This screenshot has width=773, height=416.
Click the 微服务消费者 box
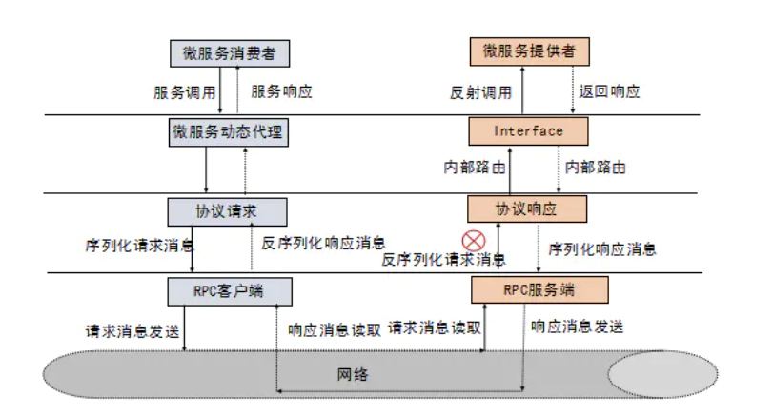pyautogui.click(x=230, y=53)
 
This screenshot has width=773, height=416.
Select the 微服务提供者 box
pyautogui.click(x=529, y=51)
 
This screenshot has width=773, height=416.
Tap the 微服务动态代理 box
pyautogui.click(x=229, y=132)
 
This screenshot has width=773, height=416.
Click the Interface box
pyautogui.click(x=528, y=131)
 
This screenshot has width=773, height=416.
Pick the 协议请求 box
pyautogui.click(x=227, y=212)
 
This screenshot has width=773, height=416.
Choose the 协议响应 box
pyautogui.click(x=527, y=209)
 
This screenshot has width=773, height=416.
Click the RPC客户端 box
pyautogui.click(x=230, y=291)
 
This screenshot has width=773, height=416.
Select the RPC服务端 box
pyautogui.click(x=539, y=289)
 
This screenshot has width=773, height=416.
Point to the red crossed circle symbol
pyautogui.click(x=474, y=241)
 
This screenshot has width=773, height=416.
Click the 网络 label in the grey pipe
pyautogui.click(x=353, y=375)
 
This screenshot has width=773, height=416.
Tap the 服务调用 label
pyautogui.click(x=185, y=92)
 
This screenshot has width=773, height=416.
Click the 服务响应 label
pyautogui.click(x=281, y=91)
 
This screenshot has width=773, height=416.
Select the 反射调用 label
pyautogui.click(x=480, y=92)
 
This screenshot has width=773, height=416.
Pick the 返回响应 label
pyautogui.click(x=609, y=91)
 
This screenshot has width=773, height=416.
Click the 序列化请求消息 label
pyautogui.click(x=139, y=246)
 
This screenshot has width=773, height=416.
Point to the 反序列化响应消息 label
pyautogui.click(x=323, y=243)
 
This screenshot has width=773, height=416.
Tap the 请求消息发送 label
pyautogui.click(x=132, y=331)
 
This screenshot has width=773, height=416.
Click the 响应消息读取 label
pyautogui.click(x=335, y=329)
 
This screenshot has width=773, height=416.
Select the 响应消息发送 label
pyautogui.click(x=578, y=327)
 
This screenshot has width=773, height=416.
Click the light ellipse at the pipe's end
pyautogui.click(x=662, y=375)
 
